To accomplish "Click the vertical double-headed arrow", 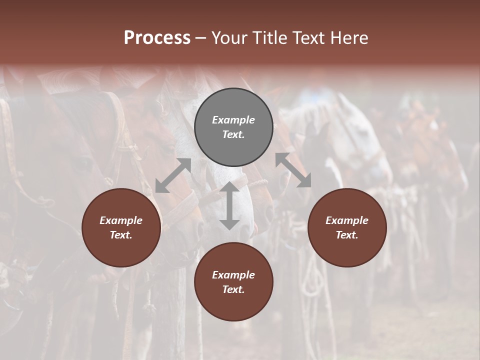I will pyautogui.click(x=229, y=205).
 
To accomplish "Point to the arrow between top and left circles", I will pyautogui.click(x=173, y=175).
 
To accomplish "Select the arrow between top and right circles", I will pyautogui.click(x=293, y=170).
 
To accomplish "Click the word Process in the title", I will pyautogui.click(x=157, y=37).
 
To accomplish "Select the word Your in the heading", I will pyautogui.click(x=230, y=37).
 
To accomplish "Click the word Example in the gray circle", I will pyautogui.click(x=233, y=120).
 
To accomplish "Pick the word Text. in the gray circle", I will pyautogui.click(x=233, y=134).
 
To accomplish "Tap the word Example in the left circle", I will pyautogui.click(x=121, y=220).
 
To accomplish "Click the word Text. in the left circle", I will pyautogui.click(x=121, y=235).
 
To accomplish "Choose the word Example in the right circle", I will pyautogui.click(x=347, y=220).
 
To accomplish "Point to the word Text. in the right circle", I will pyautogui.click(x=347, y=235).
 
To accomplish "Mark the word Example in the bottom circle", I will pyautogui.click(x=233, y=275).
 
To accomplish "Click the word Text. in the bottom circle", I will pyautogui.click(x=233, y=289).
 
